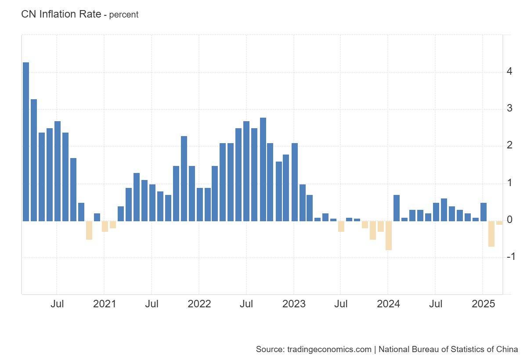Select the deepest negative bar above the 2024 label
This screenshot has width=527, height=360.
click(x=389, y=235)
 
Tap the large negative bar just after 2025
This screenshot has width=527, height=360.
click(x=491, y=234)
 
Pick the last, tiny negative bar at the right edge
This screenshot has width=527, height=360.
click(x=499, y=223)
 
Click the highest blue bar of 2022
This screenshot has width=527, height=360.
click(x=263, y=169)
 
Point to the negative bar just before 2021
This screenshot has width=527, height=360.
click(x=89, y=230)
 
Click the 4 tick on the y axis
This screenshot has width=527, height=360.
click(x=509, y=71)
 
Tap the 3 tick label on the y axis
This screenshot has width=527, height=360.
click(x=509, y=108)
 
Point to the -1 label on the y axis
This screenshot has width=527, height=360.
click(x=510, y=257)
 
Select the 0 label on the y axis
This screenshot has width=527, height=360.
click(x=509, y=220)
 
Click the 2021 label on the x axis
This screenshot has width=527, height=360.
click(x=105, y=304)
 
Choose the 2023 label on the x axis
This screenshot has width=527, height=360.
click(x=294, y=304)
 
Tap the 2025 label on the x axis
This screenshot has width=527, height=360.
click(x=483, y=304)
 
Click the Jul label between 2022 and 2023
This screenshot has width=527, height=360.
click(x=246, y=304)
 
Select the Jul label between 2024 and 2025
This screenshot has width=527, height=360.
click(x=436, y=304)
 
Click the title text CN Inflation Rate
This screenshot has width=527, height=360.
click(x=61, y=14)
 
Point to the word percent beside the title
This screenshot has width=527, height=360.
click(x=123, y=14)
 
